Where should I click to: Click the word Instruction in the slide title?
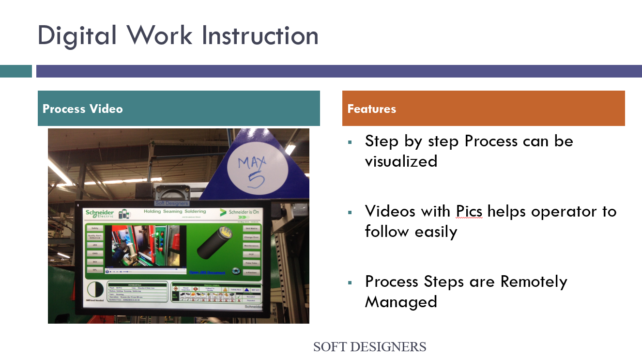pos(260,36)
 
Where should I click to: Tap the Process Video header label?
pos(83,109)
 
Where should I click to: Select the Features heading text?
pos(372,109)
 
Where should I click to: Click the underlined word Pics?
pos(469,211)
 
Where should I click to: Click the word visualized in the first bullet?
pos(401,161)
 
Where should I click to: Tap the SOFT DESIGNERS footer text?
pos(369,347)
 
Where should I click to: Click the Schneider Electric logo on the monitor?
pos(100,214)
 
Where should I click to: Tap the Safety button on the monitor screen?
pos(95,228)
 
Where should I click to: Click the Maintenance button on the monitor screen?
pos(251,246)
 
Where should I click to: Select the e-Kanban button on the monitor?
pos(251,272)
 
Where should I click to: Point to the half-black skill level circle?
pos(95,291)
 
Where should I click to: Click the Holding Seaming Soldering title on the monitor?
pos(175,211)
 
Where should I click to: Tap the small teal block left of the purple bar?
pos(16,71)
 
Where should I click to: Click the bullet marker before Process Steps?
pos(350,282)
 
